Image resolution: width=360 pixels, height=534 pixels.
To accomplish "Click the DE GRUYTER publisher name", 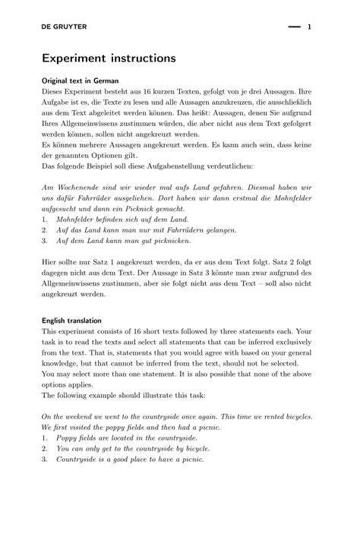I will coord(65,27).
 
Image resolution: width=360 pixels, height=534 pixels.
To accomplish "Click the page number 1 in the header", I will coord(310,27).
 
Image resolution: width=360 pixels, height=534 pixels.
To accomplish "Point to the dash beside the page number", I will coord(295,27).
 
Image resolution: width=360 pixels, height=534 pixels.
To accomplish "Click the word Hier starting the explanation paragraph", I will coord(50,261).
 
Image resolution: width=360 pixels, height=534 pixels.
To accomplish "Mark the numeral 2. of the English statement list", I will coord(45,448).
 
